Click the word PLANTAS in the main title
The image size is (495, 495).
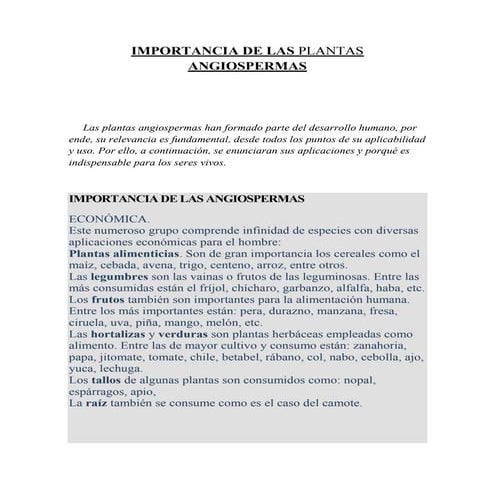[x=331, y=49]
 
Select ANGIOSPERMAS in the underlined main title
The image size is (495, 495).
[x=247, y=66]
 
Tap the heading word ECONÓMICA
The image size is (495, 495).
[x=108, y=217]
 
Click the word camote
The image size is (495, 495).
[x=338, y=404]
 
